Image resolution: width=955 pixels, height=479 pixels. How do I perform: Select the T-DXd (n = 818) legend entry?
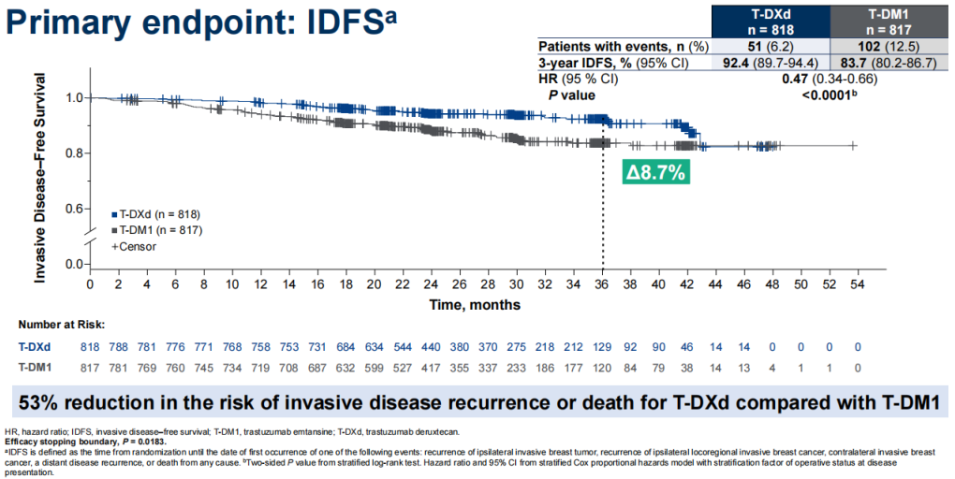point(155,213)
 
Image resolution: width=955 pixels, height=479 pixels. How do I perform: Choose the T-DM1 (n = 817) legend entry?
point(155,229)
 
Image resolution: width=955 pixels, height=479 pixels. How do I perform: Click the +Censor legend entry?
point(137,246)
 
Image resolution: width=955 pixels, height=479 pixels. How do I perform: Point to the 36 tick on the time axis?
point(602,283)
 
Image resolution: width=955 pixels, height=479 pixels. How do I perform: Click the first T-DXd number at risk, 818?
point(91,346)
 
